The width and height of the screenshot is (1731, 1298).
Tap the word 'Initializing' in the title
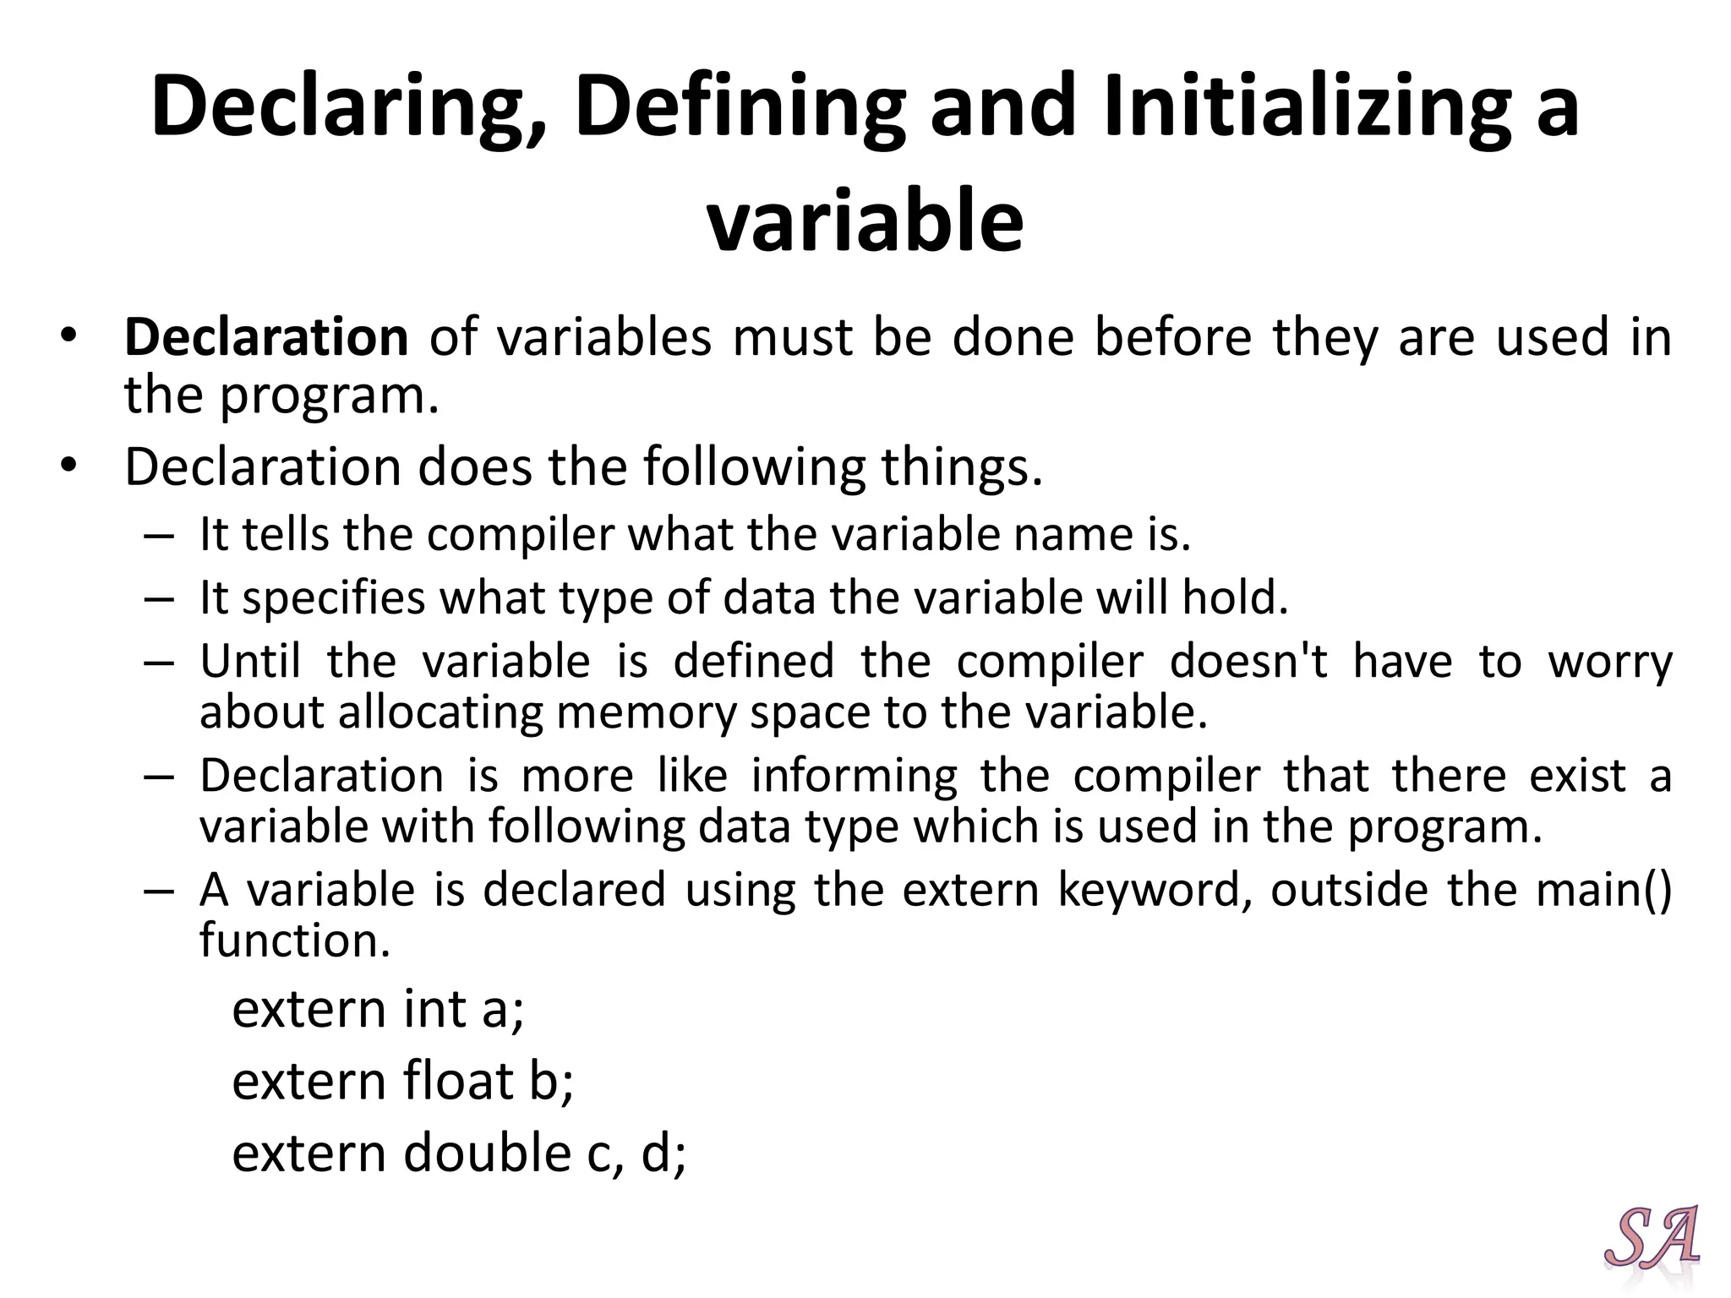point(1307,106)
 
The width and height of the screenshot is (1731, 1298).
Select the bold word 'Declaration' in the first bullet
point(267,337)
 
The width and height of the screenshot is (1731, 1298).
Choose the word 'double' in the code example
point(487,1153)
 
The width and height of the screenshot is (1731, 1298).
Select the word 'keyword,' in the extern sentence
point(1155,889)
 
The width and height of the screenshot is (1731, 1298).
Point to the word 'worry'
point(1610,661)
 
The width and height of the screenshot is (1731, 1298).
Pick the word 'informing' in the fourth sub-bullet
point(855,775)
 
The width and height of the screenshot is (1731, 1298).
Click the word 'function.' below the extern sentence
point(295,940)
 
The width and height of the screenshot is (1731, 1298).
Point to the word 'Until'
point(251,661)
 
